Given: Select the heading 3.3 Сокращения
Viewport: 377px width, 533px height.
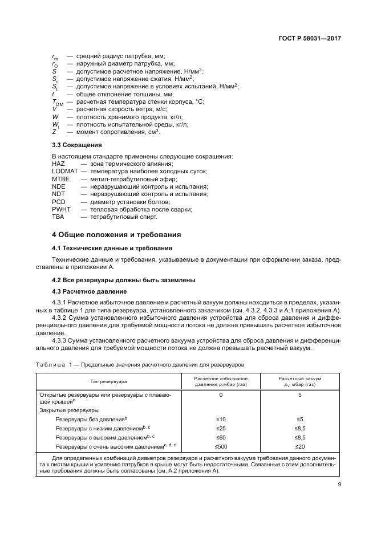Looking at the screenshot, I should click(77, 145).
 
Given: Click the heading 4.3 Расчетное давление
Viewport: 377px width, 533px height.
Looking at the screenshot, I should click(90, 291).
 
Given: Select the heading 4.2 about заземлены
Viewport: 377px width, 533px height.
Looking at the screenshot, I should click(124, 280).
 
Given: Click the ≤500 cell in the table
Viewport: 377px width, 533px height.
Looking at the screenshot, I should click(221, 446).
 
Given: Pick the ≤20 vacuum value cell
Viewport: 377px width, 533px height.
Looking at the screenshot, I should click(300, 446).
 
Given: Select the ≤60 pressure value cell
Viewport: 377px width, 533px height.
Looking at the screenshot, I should click(221, 437).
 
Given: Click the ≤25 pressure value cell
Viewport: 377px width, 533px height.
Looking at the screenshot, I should click(221, 428).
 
